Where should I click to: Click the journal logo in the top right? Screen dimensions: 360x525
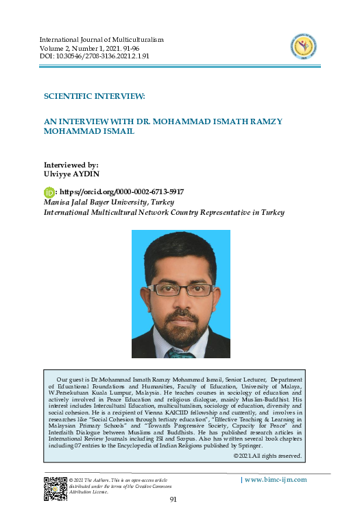[x=303, y=47]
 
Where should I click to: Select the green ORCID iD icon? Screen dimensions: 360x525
[x=49, y=193]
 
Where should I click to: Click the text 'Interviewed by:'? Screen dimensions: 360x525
[x=71, y=165]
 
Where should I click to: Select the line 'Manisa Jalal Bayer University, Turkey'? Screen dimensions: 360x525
[x=108, y=203]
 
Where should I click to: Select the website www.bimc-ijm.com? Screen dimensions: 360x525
[x=275, y=480]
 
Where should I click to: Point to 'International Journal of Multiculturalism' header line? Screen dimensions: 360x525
[x=110, y=40]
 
